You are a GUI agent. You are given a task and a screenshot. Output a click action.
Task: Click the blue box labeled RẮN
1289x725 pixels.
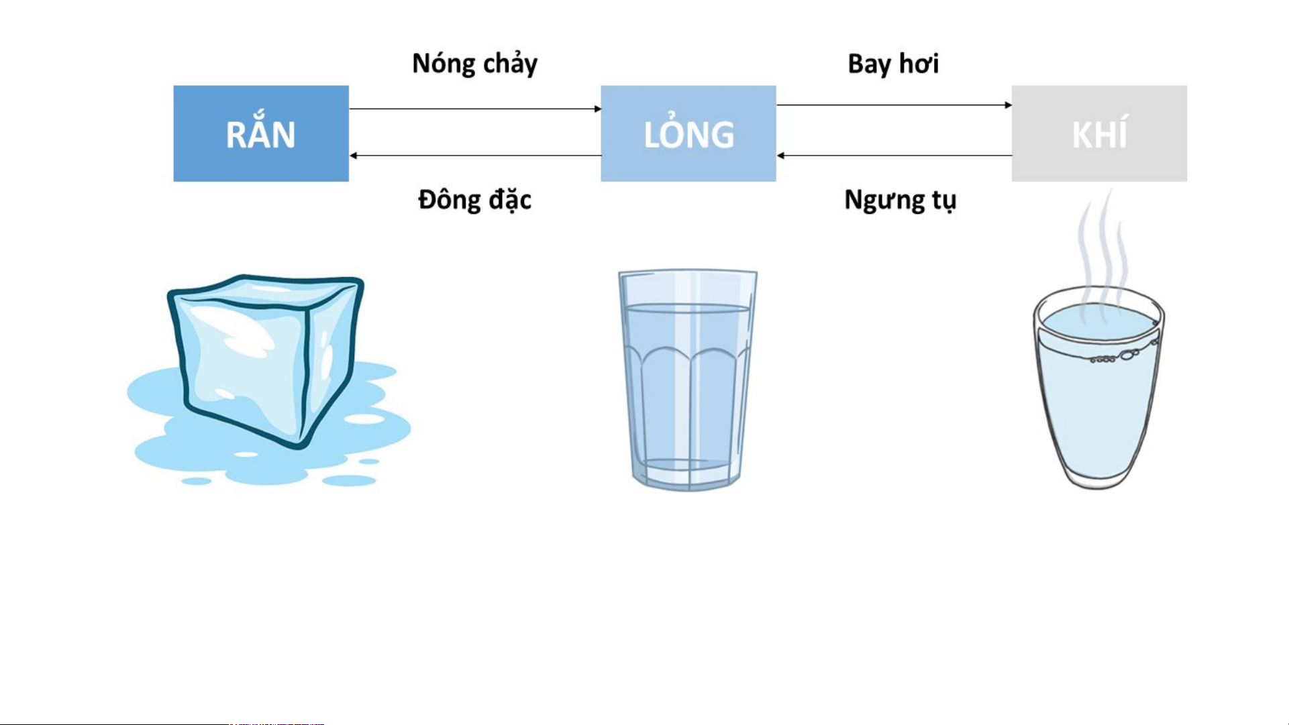[261, 133]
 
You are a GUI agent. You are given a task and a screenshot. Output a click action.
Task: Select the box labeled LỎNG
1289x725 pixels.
[688, 133]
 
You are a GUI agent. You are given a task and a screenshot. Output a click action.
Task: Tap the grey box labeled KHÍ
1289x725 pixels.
[1099, 133]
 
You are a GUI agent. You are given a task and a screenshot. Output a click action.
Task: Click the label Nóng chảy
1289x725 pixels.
[475, 64]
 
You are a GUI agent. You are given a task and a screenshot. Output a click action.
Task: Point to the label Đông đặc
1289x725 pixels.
[475, 200]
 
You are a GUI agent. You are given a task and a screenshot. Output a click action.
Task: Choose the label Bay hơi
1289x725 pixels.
[893, 64]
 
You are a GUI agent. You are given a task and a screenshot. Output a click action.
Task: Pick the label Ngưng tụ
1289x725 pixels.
[900, 201]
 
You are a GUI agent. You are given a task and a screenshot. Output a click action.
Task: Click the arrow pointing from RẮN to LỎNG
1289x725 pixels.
[475, 109]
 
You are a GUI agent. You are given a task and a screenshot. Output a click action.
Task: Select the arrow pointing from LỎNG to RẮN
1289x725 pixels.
[475, 156]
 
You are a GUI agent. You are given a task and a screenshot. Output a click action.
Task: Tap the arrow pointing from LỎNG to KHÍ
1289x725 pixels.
[894, 105]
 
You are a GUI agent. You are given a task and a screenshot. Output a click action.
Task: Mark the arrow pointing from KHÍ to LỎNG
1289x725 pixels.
[894, 156]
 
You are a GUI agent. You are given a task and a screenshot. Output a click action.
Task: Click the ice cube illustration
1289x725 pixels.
[268, 380]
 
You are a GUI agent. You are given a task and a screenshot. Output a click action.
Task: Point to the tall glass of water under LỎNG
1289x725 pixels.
[688, 380]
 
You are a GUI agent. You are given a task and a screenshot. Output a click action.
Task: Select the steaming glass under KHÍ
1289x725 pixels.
[1099, 388]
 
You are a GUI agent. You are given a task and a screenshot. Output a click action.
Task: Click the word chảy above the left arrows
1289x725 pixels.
[510, 64]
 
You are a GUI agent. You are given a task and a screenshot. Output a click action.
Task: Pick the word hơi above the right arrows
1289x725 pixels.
[919, 64]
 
